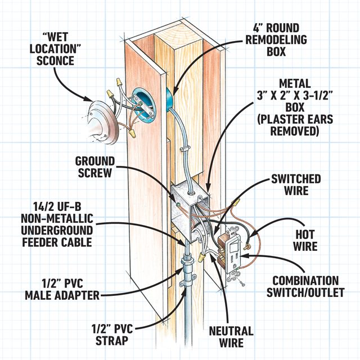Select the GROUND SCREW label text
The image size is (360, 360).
96,168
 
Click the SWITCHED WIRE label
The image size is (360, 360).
296,185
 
